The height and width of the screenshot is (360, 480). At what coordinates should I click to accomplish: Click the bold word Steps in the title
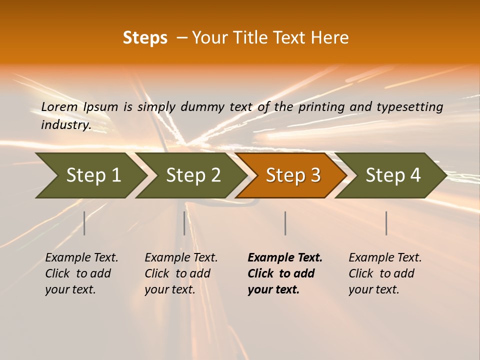(145, 38)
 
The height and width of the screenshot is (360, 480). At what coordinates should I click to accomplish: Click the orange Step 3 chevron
(292, 175)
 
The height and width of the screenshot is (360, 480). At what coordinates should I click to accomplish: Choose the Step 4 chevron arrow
(392, 175)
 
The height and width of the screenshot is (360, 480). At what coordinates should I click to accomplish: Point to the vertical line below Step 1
(84, 223)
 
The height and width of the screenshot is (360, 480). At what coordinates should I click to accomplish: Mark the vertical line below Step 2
(184, 223)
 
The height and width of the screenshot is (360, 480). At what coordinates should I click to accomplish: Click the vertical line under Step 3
(285, 223)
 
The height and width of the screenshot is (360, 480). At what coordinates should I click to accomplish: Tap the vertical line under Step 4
(386, 223)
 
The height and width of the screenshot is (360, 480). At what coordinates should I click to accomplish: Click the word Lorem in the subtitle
(59, 107)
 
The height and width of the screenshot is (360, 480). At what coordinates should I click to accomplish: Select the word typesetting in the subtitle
(411, 107)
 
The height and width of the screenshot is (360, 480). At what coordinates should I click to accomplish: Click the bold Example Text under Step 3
(285, 258)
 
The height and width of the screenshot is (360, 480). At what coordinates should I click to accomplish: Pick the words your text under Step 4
(373, 289)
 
